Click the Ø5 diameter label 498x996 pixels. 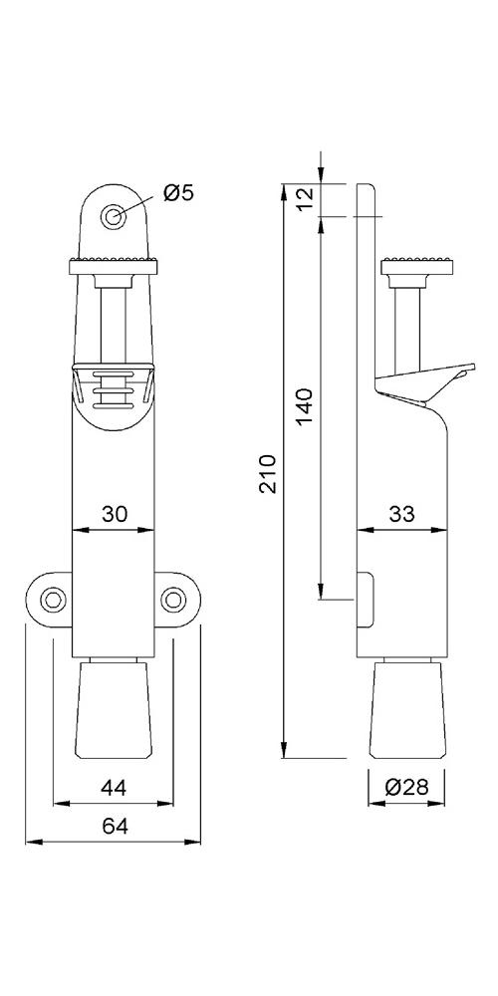click(x=177, y=192)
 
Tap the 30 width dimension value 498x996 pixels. click(x=115, y=513)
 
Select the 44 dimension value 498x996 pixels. click(x=114, y=788)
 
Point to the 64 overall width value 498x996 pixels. click(x=115, y=827)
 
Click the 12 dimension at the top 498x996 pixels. click(x=305, y=199)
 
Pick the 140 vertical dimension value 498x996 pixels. click(x=305, y=406)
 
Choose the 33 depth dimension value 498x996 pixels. click(x=401, y=513)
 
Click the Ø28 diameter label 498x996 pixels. click(x=406, y=787)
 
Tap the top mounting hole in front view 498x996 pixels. click(x=114, y=216)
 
